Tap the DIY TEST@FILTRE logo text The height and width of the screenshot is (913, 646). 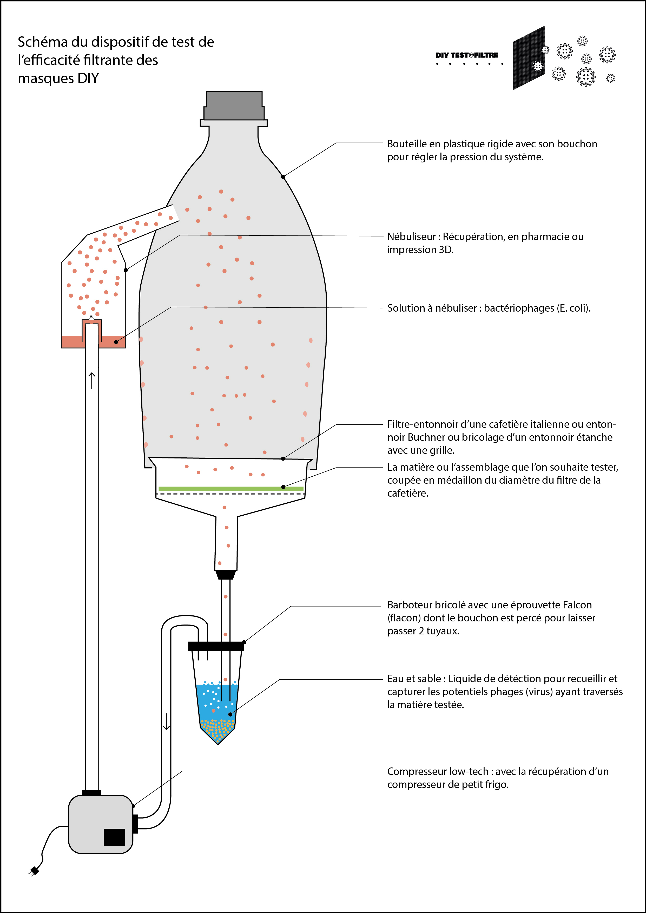(467, 55)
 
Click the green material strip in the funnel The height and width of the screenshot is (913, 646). (231, 489)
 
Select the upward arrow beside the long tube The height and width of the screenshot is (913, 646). (92, 380)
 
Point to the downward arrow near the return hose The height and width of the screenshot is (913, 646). (166, 722)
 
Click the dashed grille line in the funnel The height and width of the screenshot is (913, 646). (231, 494)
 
